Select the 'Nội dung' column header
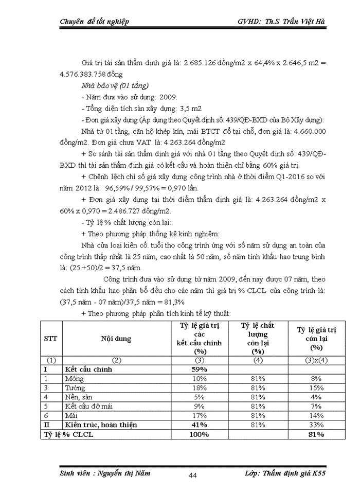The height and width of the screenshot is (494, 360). pyautogui.click(x=116, y=339)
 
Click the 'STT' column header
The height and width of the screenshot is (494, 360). pyautogui.click(x=51, y=339)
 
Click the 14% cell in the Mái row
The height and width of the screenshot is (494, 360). pyautogui.click(x=317, y=415)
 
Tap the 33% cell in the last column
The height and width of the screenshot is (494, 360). pyautogui.click(x=317, y=425)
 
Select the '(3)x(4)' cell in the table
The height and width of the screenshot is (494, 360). pyautogui.click(x=317, y=360)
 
